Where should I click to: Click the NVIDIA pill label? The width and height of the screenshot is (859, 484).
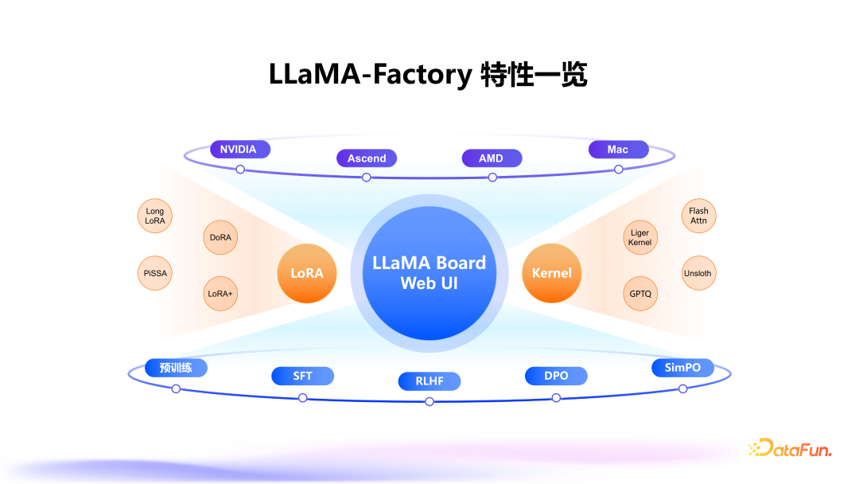click(239, 149)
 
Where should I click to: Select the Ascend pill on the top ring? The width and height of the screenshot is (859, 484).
click(367, 158)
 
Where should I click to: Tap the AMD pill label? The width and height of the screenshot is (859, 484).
click(492, 158)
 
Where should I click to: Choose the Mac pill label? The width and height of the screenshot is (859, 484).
click(618, 149)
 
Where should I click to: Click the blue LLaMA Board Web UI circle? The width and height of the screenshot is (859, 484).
click(429, 272)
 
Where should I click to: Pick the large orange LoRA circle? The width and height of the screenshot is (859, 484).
click(307, 273)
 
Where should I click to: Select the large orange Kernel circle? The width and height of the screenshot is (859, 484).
click(552, 273)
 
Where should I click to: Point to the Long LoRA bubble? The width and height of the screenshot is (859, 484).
click(155, 216)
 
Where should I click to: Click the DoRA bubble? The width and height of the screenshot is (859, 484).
click(220, 237)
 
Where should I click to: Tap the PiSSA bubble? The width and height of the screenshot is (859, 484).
click(155, 273)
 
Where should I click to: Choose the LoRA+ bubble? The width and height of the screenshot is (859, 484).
click(220, 294)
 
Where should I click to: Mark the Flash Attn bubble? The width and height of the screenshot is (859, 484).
click(698, 216)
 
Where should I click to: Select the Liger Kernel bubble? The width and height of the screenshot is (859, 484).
click(640, 237)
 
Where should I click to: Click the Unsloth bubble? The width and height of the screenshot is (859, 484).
click(698, 273)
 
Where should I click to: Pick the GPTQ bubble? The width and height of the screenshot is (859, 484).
click(640, 294)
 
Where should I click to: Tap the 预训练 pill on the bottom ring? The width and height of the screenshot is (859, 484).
click(175, 367)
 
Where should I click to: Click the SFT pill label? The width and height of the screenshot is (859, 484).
click(302, 376)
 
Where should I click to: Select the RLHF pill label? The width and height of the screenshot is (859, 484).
click(429, 381)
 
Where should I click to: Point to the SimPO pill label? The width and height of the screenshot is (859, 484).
click(682, 367)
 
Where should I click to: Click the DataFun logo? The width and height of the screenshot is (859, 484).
click(790, 449)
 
